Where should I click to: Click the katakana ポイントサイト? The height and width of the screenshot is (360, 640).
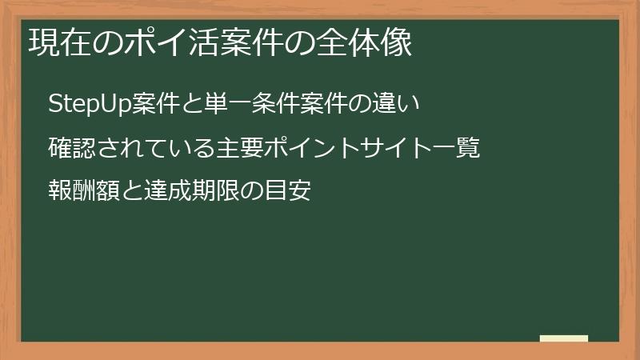[x=348, y=148]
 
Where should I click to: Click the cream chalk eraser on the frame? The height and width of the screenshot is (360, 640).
[x=564, y=338]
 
